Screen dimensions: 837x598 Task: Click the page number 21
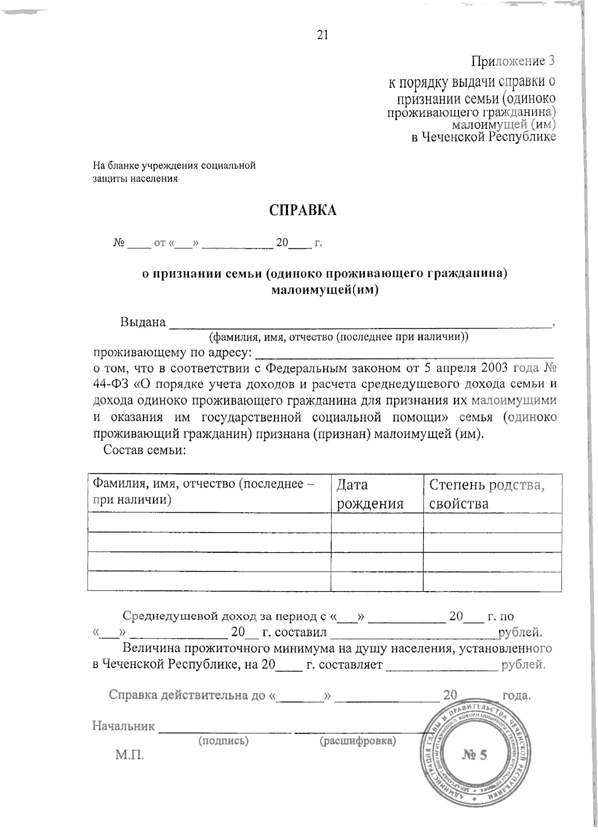click(x=322, y=34)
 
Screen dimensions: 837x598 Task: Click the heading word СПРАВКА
click(x=303, y=210)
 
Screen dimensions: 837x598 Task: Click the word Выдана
click(x=143, y=322)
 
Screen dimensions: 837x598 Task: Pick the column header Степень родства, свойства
click(x=486, y=494)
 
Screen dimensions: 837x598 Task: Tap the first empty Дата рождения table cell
click(x=377, y=523)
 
